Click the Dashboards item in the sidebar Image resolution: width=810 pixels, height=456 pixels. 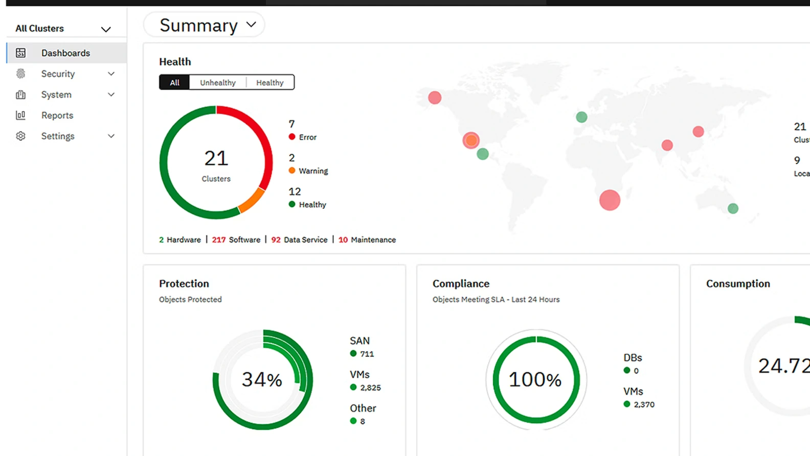pyautogui.click(x=65, y=53)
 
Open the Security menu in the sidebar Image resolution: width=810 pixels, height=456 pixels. pyautogui.click(x=58, y=74)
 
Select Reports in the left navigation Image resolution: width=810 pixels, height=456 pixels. pyautogui.click(x=57, y=115)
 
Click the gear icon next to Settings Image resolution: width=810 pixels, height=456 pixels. pyautogui.click(x=20, y=136)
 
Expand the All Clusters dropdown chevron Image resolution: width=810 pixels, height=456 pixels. pyautogui.click(x=106, y=29)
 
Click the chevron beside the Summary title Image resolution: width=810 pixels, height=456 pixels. pyautogui.click(x=251, y=25)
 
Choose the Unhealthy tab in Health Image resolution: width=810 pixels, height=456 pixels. pyautogui.click(x=218, y=82)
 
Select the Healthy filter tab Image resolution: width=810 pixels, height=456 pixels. pyautogui.click(x=269, y=82)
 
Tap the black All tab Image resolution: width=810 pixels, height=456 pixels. pyautogui.click(x=174, y=82)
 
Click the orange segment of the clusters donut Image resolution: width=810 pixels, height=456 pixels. pyautogui.click(x=252, y=200)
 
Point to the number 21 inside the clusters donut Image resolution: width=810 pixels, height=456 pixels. pyautogui.click(x=216, y=158)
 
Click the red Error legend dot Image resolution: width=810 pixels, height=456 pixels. pyautogui.click(x=292, y=137)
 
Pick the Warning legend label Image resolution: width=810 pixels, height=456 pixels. pyautogui.click(x=313, y=171)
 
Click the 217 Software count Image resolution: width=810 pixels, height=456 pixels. pyautogui.click(x=219, y=240)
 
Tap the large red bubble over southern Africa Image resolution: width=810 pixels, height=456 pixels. pyautogui.click(x=610, y=200)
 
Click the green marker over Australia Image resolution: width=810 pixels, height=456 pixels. pyautogui.click(x=733, y=208)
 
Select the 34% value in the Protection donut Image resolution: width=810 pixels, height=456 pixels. pyautogui.click(x=262, y=380)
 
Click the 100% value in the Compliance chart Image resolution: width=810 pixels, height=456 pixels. pyautogui.click(x=535, y=380)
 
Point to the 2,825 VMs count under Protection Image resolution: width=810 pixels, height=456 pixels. pyautogui.click(x=370, y=387)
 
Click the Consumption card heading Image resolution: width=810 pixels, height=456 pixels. pyautogui.click(x=738, y=284)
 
